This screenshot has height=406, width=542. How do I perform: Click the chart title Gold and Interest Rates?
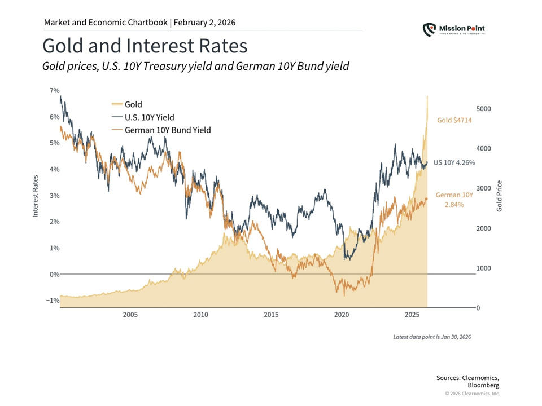pyautogui.click(x=145, y=46)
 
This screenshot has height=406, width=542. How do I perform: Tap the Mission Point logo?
pyautogui.click(x=454, y=29)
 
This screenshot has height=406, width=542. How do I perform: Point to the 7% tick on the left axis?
pyautogui.click(x=54, y=90)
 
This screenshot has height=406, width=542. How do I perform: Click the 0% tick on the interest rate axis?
pyautogui.click(x=54, y=275)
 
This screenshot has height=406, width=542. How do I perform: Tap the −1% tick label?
pyautogui.click(x=53, y=301)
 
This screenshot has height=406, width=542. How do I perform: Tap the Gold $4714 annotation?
pyautogui.click(x=454, y=120)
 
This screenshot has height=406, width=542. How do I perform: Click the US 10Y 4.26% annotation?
pyautogui.click(x=454, y=162)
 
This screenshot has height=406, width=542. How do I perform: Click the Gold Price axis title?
pyautogui.click(x=499, y=196)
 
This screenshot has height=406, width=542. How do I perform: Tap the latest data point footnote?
pyautogui.click(x=432, y=337)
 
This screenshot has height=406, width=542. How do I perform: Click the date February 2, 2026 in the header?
pyautogui.click(x=204, y=23)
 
